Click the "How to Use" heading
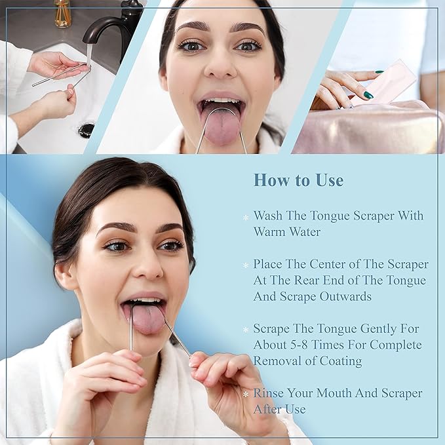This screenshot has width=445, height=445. (298, 180)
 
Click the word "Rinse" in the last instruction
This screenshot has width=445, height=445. (270, 393)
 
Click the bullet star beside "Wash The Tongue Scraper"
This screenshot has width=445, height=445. (246, 217)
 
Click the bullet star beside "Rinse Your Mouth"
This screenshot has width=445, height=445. (246, 394)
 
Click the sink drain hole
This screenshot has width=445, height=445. (87, 128)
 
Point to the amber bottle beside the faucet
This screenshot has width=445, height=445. (62, 14)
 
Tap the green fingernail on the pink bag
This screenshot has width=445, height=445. (368, 95)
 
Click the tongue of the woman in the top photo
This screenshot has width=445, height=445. (222, 124)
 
